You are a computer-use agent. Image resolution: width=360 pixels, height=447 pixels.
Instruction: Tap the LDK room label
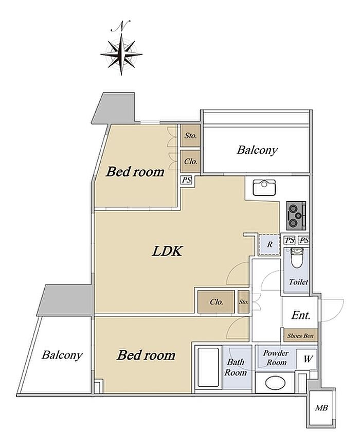click(x=167, y=251)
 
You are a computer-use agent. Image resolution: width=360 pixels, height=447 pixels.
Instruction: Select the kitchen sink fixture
click(x=264, y=187)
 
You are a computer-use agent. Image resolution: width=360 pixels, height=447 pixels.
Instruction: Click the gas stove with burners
click(x=296, y=216)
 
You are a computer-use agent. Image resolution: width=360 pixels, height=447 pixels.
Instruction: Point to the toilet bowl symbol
click(x=296, y=257)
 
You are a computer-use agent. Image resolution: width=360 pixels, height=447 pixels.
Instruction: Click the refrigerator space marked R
click(x=269, y=244)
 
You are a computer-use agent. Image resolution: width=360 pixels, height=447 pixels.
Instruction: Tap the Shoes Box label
click(x=300, y=336)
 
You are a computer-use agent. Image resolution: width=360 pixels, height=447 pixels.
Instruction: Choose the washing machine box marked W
click(x=307, y=359)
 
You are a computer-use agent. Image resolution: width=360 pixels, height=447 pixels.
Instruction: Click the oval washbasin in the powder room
click(x=275, y=383)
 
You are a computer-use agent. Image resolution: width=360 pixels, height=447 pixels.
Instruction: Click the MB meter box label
click(x=321, y=408)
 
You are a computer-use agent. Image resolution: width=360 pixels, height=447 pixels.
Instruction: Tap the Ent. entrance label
click(x=300, y=315)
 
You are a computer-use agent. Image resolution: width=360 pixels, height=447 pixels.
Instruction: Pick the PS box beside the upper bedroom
click(x=187, y=180)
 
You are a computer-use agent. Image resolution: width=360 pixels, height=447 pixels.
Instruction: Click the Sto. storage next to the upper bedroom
click(x=190, y=135)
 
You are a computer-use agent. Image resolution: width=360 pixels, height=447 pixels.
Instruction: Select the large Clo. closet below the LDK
click(x=216, y=302)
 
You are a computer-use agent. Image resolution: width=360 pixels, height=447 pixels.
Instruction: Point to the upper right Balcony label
click(x=257, y=150)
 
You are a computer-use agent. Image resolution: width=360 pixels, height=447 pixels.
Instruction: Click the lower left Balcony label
click(x=62, y=355)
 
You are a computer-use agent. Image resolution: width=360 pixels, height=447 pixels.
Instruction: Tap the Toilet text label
click(x=298, y=282)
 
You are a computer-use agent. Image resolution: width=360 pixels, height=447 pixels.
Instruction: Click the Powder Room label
click(x=276, y=358)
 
